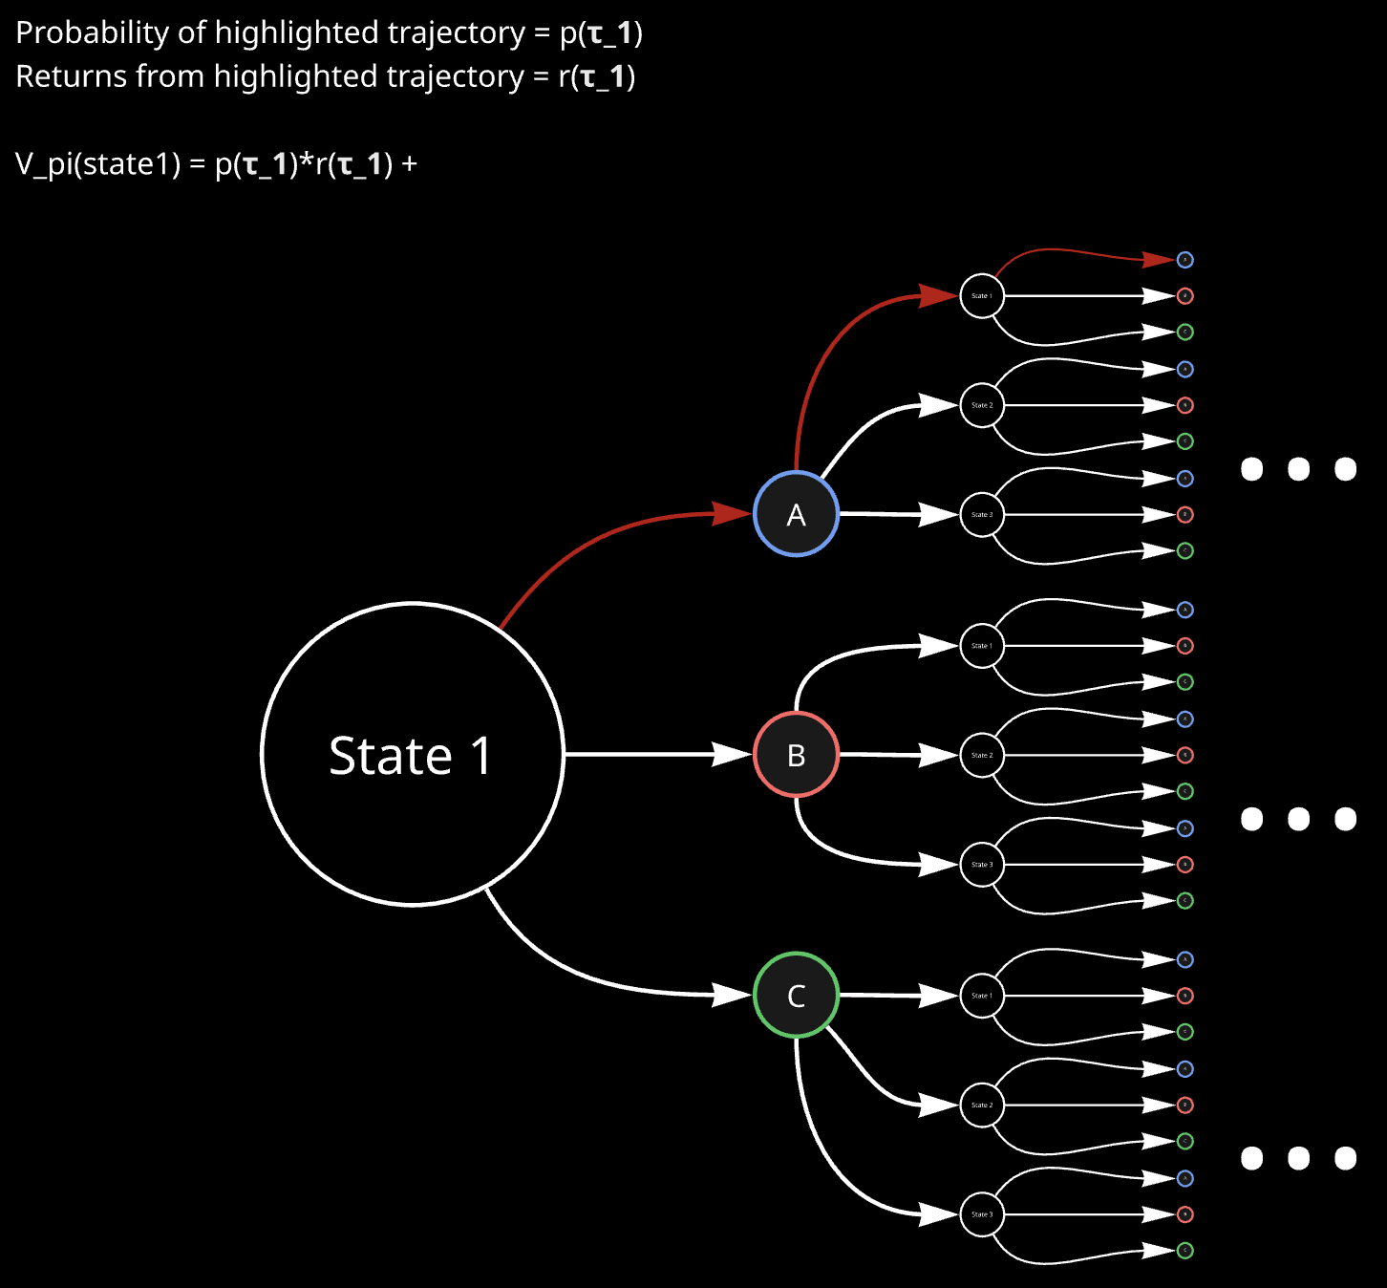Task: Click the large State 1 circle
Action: [x=413, y=754]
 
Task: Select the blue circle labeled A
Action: [x=796, y=514]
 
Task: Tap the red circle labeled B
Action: [x=796, y=755]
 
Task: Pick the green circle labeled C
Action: [x=796, y=995]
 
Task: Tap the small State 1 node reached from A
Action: [x=981, y=296]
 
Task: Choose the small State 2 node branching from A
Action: [x=981, y=405]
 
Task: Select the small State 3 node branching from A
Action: [x=981, y=514]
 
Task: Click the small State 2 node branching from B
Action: [x=981, y=755]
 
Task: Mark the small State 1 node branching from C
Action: [x=981, y=996]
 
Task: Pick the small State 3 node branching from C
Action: [x=981, y=1214]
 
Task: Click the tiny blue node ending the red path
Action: [x=1184, y=260]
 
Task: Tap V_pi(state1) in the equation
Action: [x=97, y=164]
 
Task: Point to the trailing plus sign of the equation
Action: [x=409, y=164]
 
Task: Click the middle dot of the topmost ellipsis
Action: [x=1298, y=469]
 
